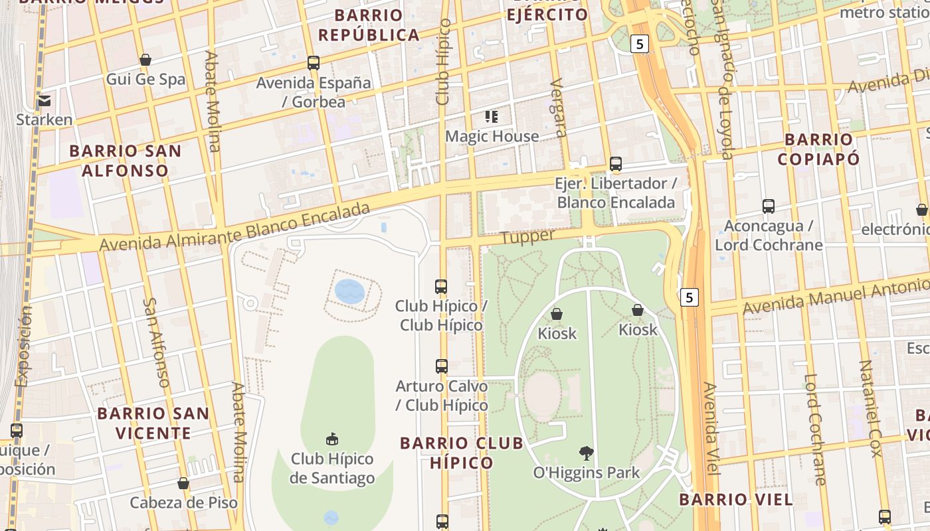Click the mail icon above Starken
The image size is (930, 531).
[x=45, y=101]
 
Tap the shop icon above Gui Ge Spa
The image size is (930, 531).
[x=145, y=60]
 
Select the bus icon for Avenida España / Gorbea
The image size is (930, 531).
[x=314, y=63]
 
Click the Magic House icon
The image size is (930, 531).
[x=492, y=117]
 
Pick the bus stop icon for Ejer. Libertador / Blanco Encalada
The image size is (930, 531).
[x=616, y=164]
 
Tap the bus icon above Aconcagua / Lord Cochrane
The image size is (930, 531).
[x=769, y=206]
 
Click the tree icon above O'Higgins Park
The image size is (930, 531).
[x=587, y=453]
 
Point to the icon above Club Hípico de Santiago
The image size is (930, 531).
[x=332, y=439]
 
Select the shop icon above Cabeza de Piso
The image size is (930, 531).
[x=183, y=483]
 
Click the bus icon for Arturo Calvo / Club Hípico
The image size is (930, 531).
[x=442, y=366]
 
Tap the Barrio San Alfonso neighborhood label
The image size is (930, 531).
[x=126, y=161]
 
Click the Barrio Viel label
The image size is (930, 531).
[x=736, y=500]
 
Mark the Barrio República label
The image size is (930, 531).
[x=369, y=25]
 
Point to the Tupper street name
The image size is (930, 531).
[x=527, y=237]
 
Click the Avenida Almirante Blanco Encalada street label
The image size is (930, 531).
[x=234, y=228]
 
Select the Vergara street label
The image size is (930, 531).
[x=558, y=108]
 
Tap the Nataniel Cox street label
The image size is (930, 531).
[x=870, y=408]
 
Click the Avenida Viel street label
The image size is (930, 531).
[x=711, y=428]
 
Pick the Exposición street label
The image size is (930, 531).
[x=23, y=345]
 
